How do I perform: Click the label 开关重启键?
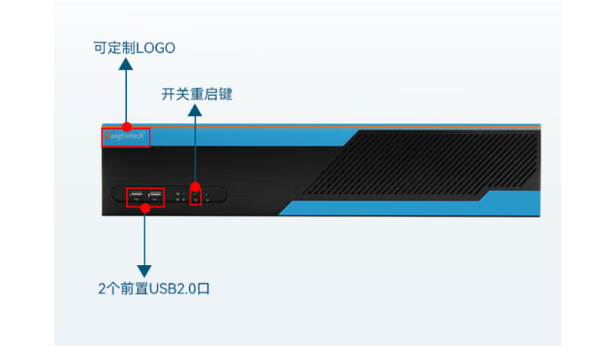coord(197,94)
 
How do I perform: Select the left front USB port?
coord(136,196)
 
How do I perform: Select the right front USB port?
coord(155,196)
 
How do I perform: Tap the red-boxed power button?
coord(195,196)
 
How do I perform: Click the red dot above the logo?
coord(127,127)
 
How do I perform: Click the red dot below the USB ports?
coord(144,208)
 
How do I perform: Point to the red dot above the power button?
coord(195,187)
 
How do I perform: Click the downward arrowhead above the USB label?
coord(144,270)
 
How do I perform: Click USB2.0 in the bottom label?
coord(173,289)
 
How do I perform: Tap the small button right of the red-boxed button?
coord(207,197)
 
